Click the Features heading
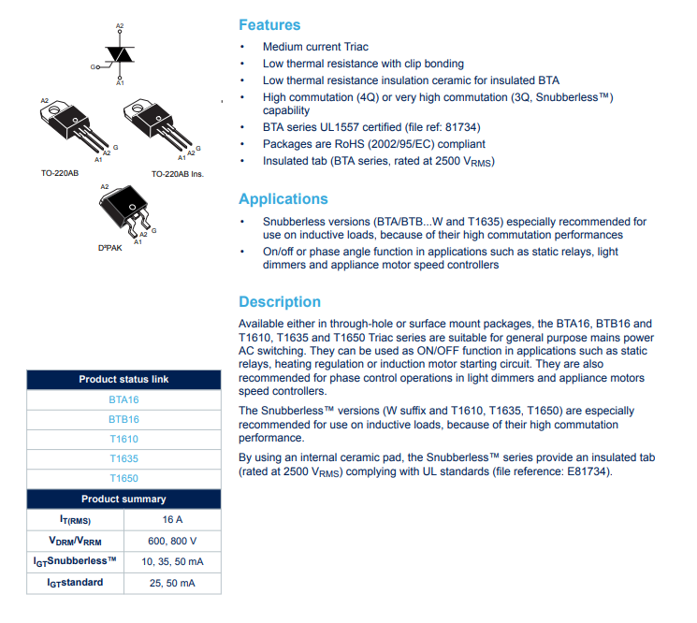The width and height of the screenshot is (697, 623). pyautogui.click(x=269, y=25)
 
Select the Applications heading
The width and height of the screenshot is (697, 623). pyautogui.click(x=283, y=198)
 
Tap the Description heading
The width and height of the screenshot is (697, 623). pyautogui.click(x=279, y=301)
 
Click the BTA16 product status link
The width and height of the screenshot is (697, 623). pyautogui.click(x=123, y=399)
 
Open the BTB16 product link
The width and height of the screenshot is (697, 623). pyautogui.click(x=123, y=419)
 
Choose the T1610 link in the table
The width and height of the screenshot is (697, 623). pyautogui.click(x=123, y=439)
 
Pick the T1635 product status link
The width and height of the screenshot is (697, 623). pyautogui.click(x=123, y=458)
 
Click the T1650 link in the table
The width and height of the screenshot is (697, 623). pyautogui.click(x=123, y=478)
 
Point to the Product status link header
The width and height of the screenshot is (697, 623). pyautogui.click(x=123, y=380)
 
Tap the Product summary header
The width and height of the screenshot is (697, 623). pyautogui.click(x=123, y=499)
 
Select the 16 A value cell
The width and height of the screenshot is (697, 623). pyautogui.click(x=172, y=520)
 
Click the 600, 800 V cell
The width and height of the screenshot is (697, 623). pyautogui.click(x=172, y=541)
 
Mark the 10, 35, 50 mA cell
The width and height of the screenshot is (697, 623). pyautogui.click(x=172, y=561)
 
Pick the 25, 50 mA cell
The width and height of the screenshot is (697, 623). pyautogui.click(x=172, y=583)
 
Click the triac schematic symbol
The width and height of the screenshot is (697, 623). pyautogui.click(x=119, y=55)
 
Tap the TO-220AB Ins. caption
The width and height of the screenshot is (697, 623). pyautogui.click(x=178, y=174)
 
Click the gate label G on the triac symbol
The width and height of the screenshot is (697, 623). pyautogui.click(x=94, y=67)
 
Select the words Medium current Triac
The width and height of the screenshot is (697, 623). pyautogui.click(x=315, y=47)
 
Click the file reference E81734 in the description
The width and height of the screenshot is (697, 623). pyautogui.click(x=587, y=472)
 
